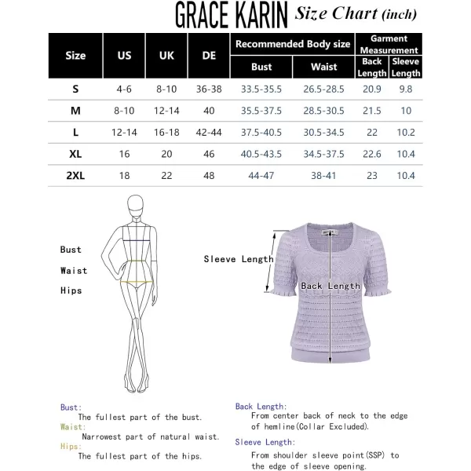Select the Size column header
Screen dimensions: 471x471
point(75,56)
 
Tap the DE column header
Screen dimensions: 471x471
point(209,56)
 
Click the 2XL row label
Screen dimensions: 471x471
point(75,176)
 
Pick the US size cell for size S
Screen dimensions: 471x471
point(124,89)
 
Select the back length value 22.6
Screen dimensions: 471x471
point(373,154)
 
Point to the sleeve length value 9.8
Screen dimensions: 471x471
point(406,89)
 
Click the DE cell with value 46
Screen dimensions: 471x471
point(209,154)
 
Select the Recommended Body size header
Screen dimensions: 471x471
point(293,44)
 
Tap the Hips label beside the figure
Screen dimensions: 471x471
point(71,290)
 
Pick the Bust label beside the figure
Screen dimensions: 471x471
point(71,250)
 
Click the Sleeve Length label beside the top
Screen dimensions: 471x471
point(239,258)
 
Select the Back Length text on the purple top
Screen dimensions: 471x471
point(330,287)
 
